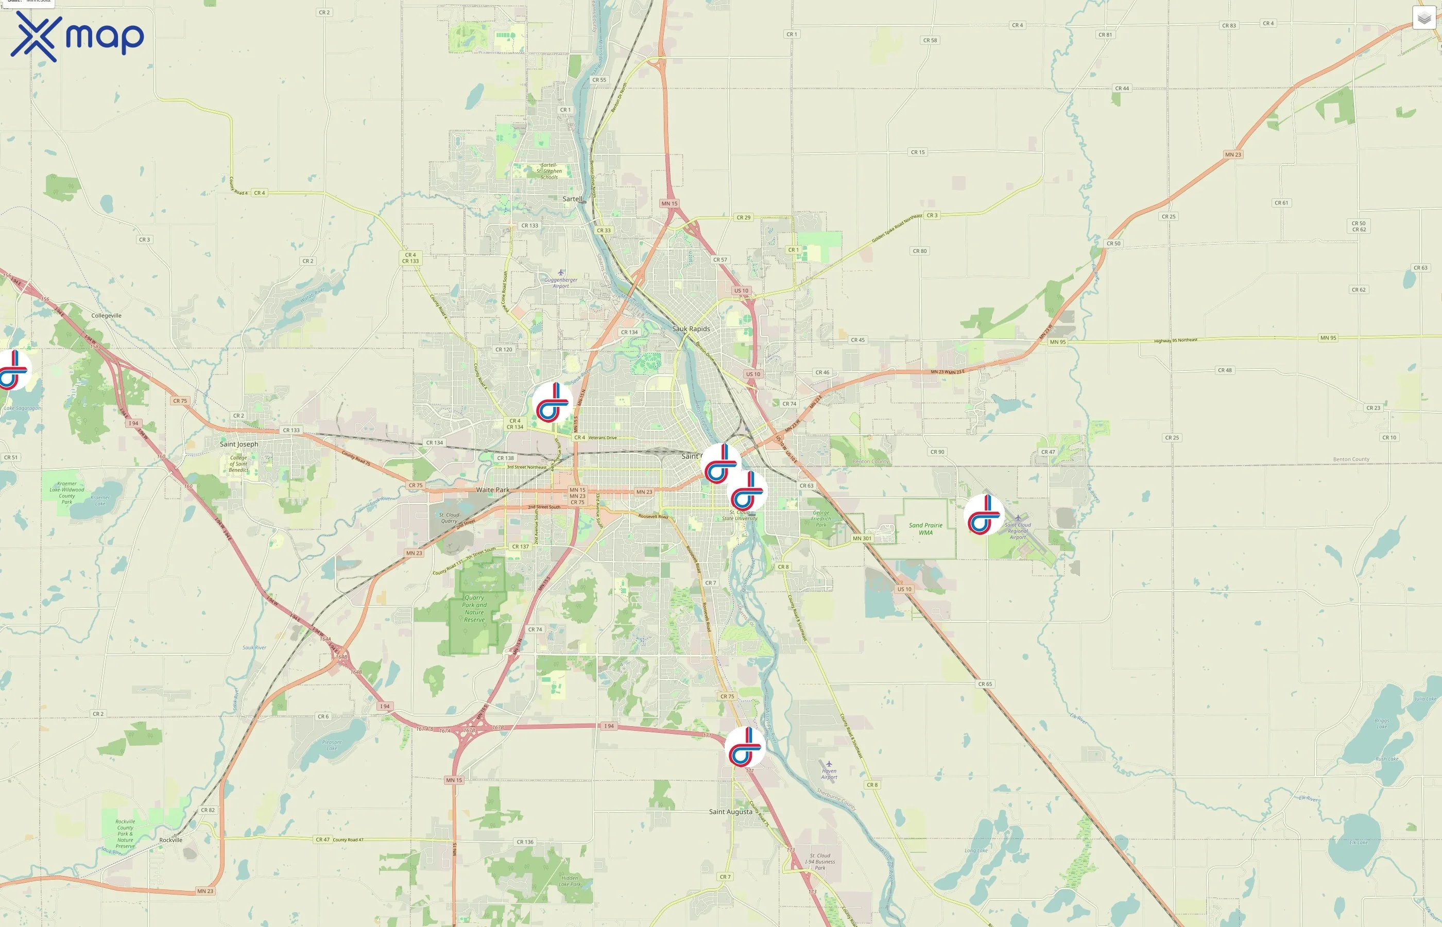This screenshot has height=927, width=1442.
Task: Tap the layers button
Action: (1423, 18)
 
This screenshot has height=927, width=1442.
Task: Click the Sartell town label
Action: (572, 199)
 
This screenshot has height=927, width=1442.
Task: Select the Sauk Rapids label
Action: (691, 329)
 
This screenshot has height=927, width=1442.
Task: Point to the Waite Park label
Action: (492, 490)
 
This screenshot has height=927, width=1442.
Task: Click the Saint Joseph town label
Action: (239, 444)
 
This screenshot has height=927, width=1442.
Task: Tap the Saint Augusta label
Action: (731, 812)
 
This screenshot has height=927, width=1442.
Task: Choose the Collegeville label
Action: (107, 315)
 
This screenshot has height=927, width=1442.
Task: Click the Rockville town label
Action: (171, 840)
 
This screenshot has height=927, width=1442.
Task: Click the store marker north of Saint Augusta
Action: (745, 746)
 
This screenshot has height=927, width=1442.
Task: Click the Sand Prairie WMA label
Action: (925, 528)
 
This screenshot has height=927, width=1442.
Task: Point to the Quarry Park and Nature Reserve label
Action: (474, 609)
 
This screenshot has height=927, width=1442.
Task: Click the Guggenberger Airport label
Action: (561, 282)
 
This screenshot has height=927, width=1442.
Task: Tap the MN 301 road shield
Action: (862, 538)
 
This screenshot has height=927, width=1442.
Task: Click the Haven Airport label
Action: (829, 774)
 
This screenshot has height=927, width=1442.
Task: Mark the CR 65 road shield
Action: (985, 684)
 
